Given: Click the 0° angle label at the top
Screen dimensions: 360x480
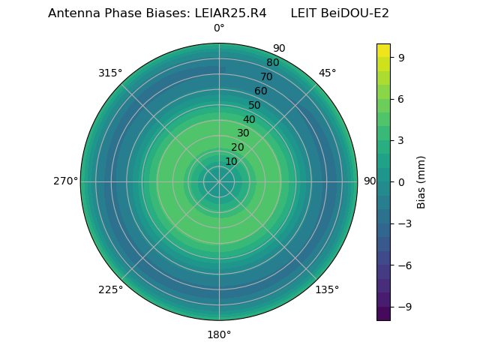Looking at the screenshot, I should coord(219,28).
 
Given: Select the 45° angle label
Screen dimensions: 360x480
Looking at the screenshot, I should coord(327,73).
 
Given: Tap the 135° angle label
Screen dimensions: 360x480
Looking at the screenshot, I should coord(327,290).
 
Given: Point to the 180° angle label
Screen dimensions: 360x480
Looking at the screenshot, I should coord(219,334).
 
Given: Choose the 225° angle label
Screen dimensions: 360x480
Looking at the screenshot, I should coord(110,290).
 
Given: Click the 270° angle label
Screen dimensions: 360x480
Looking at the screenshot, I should coord(65,181).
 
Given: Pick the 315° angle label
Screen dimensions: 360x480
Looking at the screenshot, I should coord(110,73).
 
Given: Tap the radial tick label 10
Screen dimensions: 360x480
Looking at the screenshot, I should coord(231,161).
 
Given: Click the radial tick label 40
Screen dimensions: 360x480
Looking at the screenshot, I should coord(249,119).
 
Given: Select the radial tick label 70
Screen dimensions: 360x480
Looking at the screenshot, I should coord(267,77).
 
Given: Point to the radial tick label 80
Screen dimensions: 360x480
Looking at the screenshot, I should coord(273,63).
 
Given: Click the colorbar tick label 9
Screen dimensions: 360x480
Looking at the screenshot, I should coord(401,56).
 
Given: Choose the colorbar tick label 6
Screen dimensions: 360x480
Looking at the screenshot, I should coord(401,98).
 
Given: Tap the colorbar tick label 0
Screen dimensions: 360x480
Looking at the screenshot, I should coord(401,181).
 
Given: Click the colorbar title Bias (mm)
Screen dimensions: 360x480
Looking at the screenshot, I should coord(421,181).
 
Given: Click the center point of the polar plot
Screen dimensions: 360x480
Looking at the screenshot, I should coord(219,181).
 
